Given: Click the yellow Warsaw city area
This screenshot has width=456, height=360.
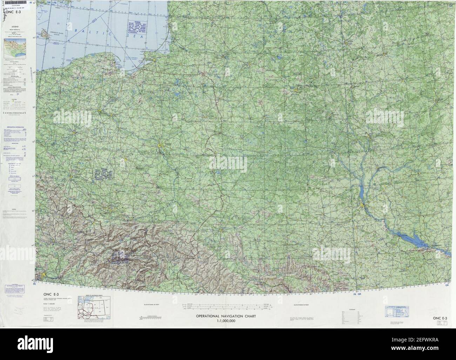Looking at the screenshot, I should (161, 144).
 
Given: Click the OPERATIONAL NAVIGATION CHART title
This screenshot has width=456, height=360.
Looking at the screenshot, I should (226, 316).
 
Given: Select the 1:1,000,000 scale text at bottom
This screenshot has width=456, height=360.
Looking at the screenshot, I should (226, 321).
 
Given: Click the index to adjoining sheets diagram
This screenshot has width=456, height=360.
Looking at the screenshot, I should (93, 308).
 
